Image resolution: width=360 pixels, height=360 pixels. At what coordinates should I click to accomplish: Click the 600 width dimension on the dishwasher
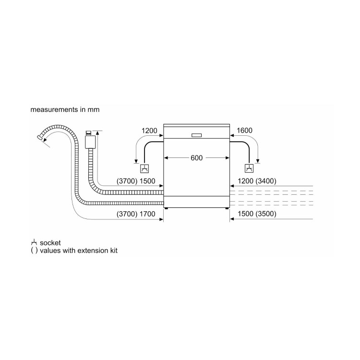[196, 157]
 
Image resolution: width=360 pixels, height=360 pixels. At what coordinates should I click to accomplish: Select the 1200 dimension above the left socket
[149, 131]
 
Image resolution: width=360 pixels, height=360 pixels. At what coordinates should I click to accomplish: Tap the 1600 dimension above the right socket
[244, 131]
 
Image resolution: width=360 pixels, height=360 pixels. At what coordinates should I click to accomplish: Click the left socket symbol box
[144, 168]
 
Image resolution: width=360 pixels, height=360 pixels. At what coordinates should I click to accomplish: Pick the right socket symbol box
[249, 168]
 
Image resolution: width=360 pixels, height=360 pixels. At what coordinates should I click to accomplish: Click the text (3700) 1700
[136, 214]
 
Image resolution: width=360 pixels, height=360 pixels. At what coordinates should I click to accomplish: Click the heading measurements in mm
[65, 109]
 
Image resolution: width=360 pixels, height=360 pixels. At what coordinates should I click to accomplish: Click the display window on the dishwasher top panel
[196, 134]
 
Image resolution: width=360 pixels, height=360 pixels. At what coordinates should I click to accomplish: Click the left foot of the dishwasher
[167, 208]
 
